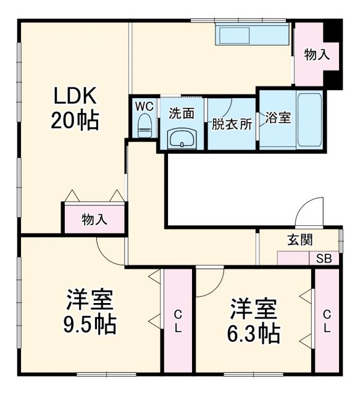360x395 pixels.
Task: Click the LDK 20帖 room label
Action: coord(74,107)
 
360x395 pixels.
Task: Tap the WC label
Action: coord(144,104)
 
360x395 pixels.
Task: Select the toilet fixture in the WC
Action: coord(144,125)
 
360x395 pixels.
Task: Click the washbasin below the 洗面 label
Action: coord(182,139)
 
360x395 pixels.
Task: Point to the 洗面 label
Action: coord(182,114)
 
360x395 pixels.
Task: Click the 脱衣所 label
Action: coord(232,123)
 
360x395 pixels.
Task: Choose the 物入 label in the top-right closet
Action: coord(317,54)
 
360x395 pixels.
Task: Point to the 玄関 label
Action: coord(299,240)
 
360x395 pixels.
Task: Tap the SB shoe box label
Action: coord(324,259)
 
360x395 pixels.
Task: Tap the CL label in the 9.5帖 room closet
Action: coord(177,321)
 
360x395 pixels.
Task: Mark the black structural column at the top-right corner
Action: coord(333,29)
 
